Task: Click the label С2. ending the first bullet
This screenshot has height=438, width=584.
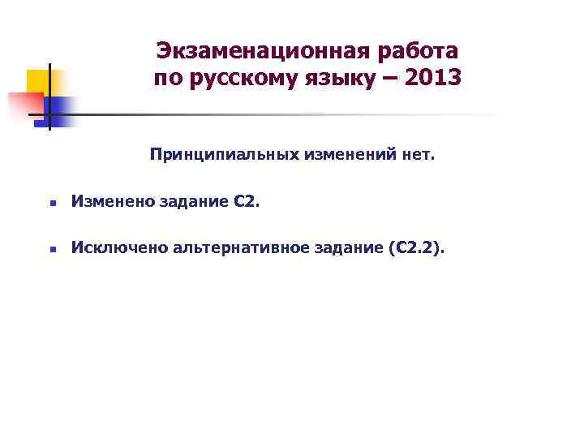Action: coord(246,201)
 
